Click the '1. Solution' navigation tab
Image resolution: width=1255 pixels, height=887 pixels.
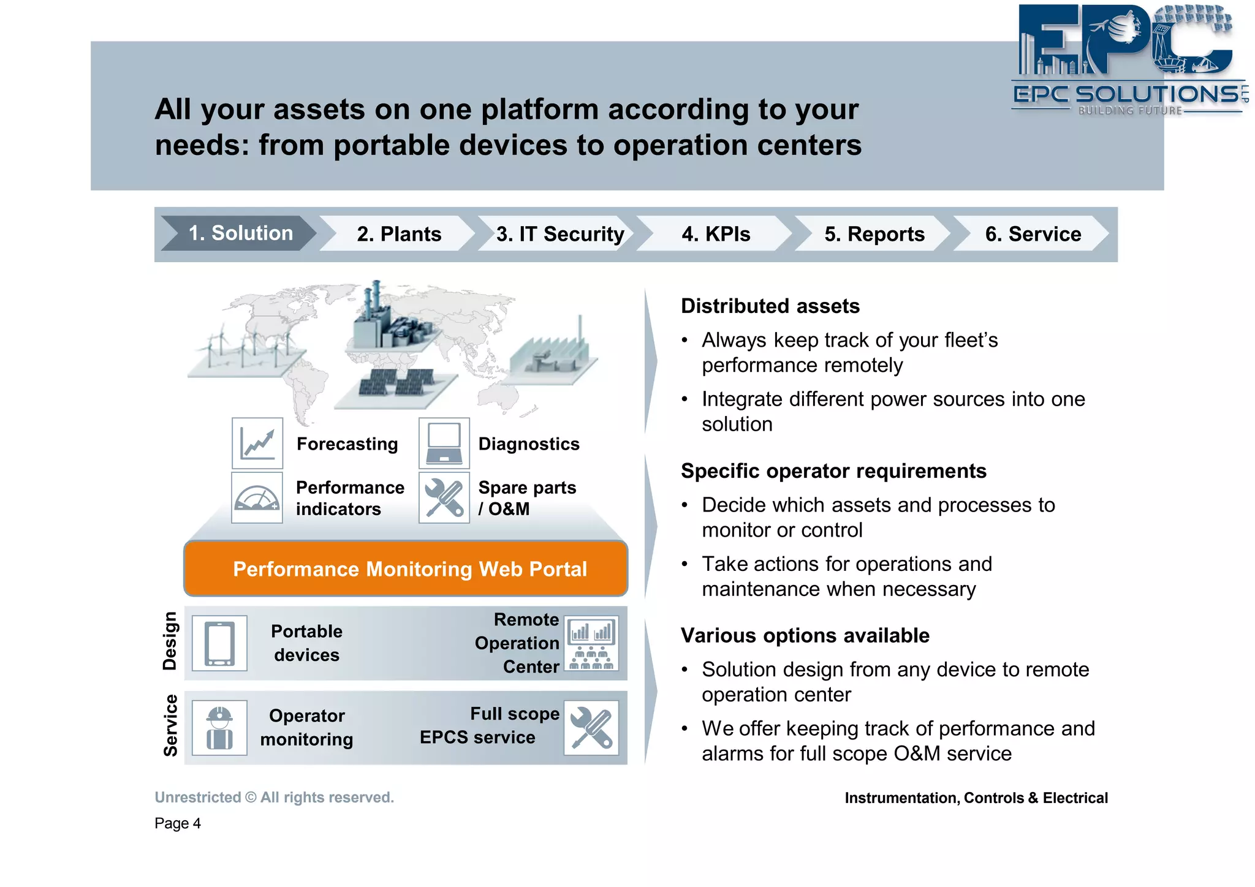tap(240, 233)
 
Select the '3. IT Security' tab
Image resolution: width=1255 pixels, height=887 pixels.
tap(559, 234)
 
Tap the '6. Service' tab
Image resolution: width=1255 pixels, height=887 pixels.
tap(1033, 234)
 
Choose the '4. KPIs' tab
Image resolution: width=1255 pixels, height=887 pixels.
tap(716, 234)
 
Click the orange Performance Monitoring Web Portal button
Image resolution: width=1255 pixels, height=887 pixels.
tap(406, 569)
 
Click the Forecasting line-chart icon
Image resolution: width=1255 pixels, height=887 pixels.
tap(257, 443)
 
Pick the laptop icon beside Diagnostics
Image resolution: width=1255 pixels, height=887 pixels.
tap(444, 443)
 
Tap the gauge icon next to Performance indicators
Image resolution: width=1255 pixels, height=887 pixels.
tap(257, 497)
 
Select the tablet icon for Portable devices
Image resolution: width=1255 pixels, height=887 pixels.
tap(219, 643)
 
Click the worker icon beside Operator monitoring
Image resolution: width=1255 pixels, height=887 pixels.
tap(219, 728)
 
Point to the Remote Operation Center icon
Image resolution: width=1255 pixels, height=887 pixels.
tap(591, 643)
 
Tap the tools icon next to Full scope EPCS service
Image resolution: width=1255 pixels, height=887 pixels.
tap(591, 728)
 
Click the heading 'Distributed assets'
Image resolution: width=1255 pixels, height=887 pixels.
tap(770, 306)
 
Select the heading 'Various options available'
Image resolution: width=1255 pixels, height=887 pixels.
tap(805, 636)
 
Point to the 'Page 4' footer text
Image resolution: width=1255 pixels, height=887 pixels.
tap(178, 823)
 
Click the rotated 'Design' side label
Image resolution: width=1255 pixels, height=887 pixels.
tap(170, 641)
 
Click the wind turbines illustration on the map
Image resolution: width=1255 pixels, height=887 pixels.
tap(245, 349)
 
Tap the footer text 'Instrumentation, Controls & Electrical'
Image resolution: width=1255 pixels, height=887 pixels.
tap(976, 798)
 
